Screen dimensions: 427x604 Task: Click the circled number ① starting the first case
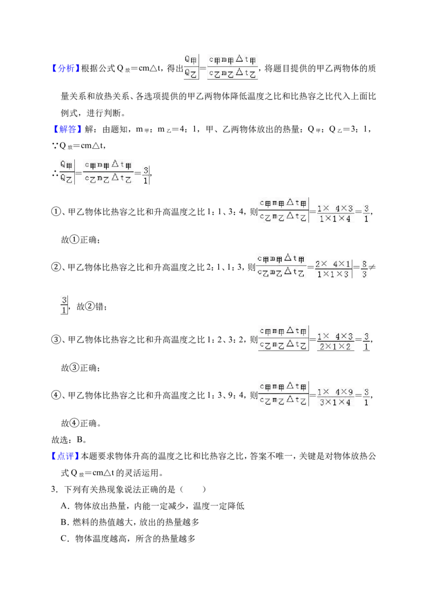[56, 211]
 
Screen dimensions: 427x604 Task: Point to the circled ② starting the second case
[56, 267]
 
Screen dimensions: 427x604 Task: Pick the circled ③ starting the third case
[56, 339]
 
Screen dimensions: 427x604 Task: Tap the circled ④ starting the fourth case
[56, 395]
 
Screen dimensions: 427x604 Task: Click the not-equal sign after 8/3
[372, 267]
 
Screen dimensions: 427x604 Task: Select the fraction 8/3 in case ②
[364, 269]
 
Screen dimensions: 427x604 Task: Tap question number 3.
[54, 489]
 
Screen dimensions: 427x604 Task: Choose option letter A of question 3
[65, 506]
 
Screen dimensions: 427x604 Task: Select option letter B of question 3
[65, 522]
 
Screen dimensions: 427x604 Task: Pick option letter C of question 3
[65, 538]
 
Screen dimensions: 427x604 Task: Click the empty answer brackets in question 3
[193, 489]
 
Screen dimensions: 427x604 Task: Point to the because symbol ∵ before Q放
[55, 146]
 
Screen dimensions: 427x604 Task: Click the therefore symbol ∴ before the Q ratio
[55, 173]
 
